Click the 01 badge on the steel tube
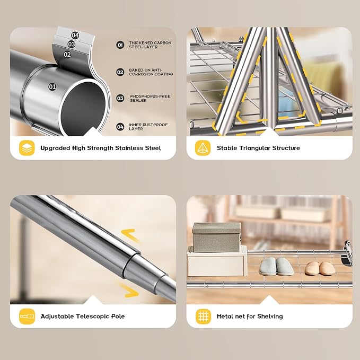52,87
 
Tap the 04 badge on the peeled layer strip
75,36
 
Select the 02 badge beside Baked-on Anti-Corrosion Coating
120,72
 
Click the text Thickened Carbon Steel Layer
150,45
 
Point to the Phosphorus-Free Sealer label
150,98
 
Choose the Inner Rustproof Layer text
148,127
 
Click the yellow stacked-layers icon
27,148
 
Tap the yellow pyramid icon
203,148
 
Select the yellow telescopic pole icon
27,317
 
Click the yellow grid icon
203,317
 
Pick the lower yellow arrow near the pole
129,290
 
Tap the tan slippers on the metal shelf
320,268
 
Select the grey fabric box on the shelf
217,238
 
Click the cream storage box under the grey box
217,261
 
